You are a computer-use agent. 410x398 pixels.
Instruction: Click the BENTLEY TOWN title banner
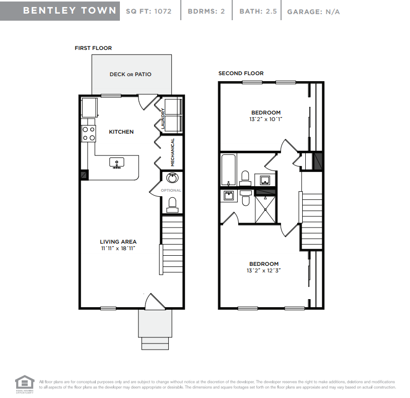[x=60, y=11]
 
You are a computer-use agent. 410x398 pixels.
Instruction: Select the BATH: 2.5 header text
[x=258, y=11]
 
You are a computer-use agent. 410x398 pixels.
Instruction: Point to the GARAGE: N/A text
[x=313, y=12]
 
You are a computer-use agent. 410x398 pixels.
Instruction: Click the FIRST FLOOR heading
[x=93, y=48]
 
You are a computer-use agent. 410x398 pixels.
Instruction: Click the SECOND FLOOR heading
[x=241, y=73]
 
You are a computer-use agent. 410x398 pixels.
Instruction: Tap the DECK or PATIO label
[x=130, y=74]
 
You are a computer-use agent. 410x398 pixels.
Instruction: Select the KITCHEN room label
[x=121, y=132]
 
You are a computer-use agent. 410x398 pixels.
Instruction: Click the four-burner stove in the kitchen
[x=89, y=133]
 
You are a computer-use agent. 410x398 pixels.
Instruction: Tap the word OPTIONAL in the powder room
[x=171, y=190]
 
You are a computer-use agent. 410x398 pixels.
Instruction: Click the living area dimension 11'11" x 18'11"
[x=118, y=248]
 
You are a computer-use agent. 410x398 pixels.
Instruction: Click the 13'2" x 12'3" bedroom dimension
[x=263, y=271]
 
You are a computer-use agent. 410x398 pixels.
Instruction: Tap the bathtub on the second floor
[x=228, y=171]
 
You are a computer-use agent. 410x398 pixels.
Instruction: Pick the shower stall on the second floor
[x=266, y=208]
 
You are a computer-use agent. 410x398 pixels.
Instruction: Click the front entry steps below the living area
[x=156, y=343]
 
